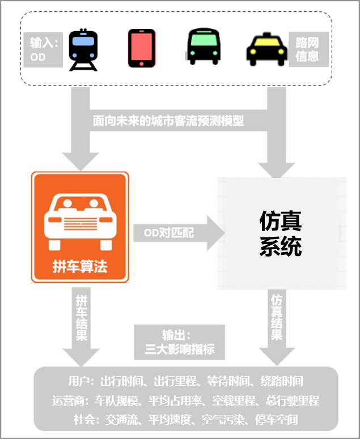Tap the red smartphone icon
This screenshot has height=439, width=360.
(141, 49)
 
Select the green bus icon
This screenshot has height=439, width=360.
(203, 47)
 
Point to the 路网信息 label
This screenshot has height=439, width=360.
(308, 49)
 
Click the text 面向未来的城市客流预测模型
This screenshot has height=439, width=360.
(168, 121)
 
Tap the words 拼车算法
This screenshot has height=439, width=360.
(80, 267)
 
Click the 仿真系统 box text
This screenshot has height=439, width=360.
(281, 233)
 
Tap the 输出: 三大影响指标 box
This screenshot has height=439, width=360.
(180, 342)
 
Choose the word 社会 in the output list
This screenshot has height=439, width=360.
(83, 420)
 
